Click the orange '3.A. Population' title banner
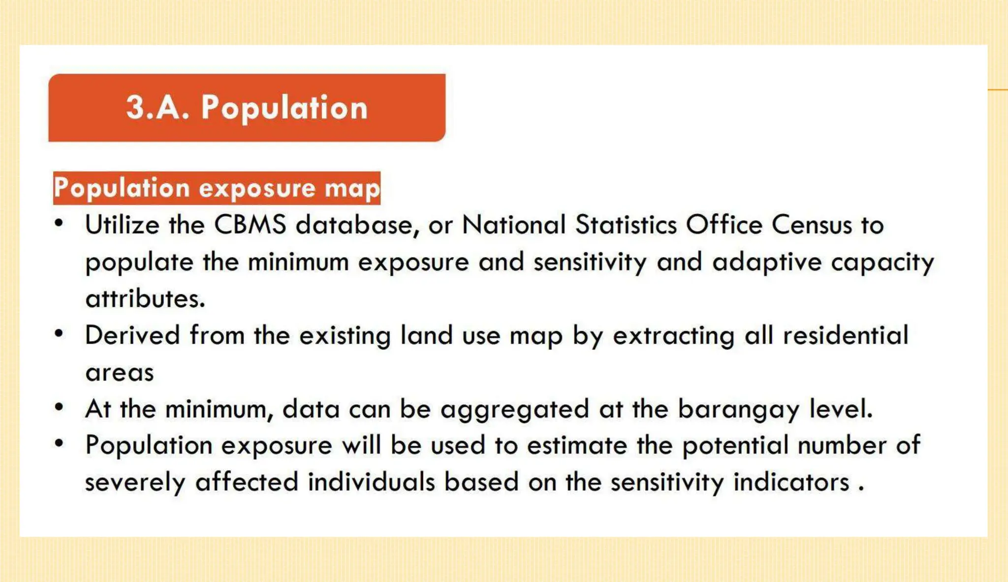(247, 107)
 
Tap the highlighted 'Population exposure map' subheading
(217, 188)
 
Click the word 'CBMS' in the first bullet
(250, 225)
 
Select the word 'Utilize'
(123, 225)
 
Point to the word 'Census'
(812, 225)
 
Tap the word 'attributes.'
(145, 299)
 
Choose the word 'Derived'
(132, 335)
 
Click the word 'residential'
(845, 335)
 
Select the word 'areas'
(120, 373)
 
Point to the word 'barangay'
(738, 409)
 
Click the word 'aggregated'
(514, 409)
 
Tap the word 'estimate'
(577, 446)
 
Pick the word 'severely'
(135, 482)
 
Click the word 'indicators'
(791, 482)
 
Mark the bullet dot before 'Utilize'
(59, 224)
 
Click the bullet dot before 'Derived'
(59, 334)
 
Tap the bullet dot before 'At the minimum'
(59, 408)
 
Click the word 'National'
(514, 225)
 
